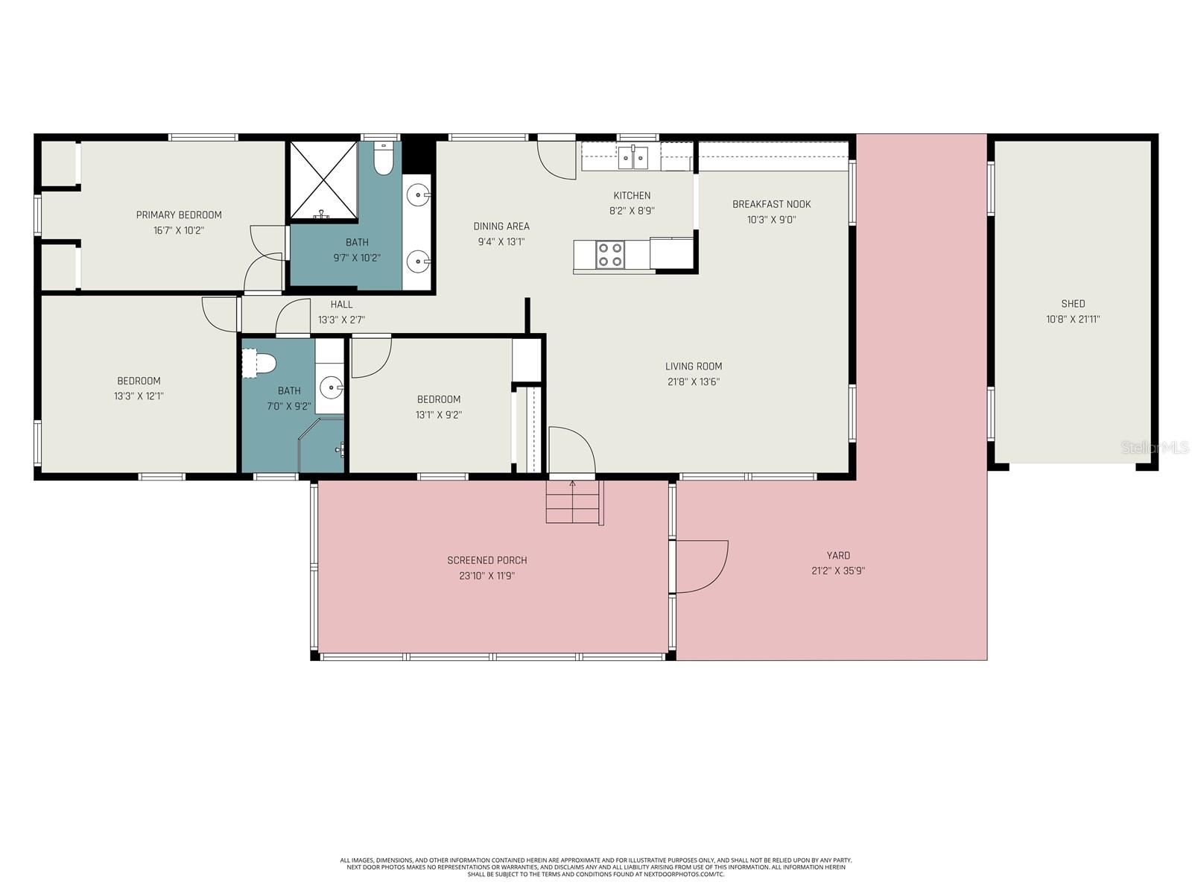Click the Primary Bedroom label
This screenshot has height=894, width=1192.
tap(179, 215)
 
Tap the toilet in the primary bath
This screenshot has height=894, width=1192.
tap(383, 159)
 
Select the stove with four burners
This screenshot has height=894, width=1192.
tap(610, 255)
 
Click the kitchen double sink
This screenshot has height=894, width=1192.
tap(633, 157)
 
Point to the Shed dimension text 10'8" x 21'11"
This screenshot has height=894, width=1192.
tap(1073, 320)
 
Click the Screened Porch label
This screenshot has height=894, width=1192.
tap(487, 560)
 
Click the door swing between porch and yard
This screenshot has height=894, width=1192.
tap(700, 566)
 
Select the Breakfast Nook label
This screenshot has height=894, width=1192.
tap(771, 204)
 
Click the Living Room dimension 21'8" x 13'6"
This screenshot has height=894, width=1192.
tap(693, 382)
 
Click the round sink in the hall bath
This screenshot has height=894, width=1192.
tap(331, 387)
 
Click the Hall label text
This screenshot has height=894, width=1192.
tap(341, 304)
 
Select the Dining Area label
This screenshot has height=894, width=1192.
tap(501, 226)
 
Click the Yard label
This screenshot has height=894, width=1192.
tap(838, 555)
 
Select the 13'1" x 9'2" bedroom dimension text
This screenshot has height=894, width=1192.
tap(438, 415)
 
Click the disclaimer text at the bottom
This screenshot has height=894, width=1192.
tap(596, 866)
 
